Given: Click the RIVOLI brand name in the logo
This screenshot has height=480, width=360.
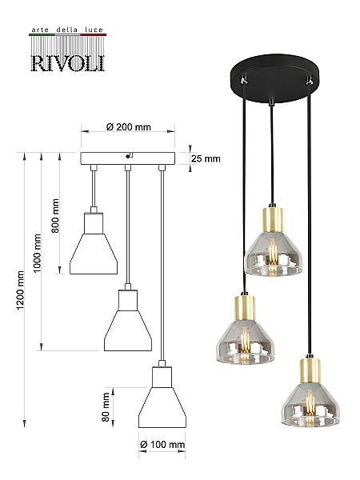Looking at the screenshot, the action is (x=68, y=63).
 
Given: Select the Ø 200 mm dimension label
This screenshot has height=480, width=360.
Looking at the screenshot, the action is (x=129, y=126).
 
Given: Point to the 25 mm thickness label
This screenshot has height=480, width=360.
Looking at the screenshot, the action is (x=206, y=158).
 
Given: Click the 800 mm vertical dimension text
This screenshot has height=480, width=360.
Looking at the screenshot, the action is (x=55, y=215).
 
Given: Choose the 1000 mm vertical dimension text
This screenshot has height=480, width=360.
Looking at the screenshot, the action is (x=37, y=253).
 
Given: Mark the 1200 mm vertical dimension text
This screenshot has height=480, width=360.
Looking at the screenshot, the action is (x=20, y=290).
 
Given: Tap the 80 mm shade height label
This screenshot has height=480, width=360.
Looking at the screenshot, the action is (x=106, y=407).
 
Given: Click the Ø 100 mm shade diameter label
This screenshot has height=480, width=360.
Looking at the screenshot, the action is (x=162, y=445).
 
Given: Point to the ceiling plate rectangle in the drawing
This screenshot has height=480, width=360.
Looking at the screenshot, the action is (x=128, y=158).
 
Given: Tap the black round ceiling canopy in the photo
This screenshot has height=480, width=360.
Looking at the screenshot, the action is (x=275, y=78).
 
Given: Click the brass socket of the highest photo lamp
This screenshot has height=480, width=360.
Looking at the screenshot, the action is (x=273, y=220).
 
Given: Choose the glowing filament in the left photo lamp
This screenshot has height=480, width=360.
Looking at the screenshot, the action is (x=245, y=343).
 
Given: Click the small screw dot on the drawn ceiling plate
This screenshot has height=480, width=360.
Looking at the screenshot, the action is (x=127, y=157).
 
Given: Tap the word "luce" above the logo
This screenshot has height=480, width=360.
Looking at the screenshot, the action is (x=94, y=30).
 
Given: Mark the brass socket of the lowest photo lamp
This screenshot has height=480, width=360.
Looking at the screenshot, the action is (x=310, y=370).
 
